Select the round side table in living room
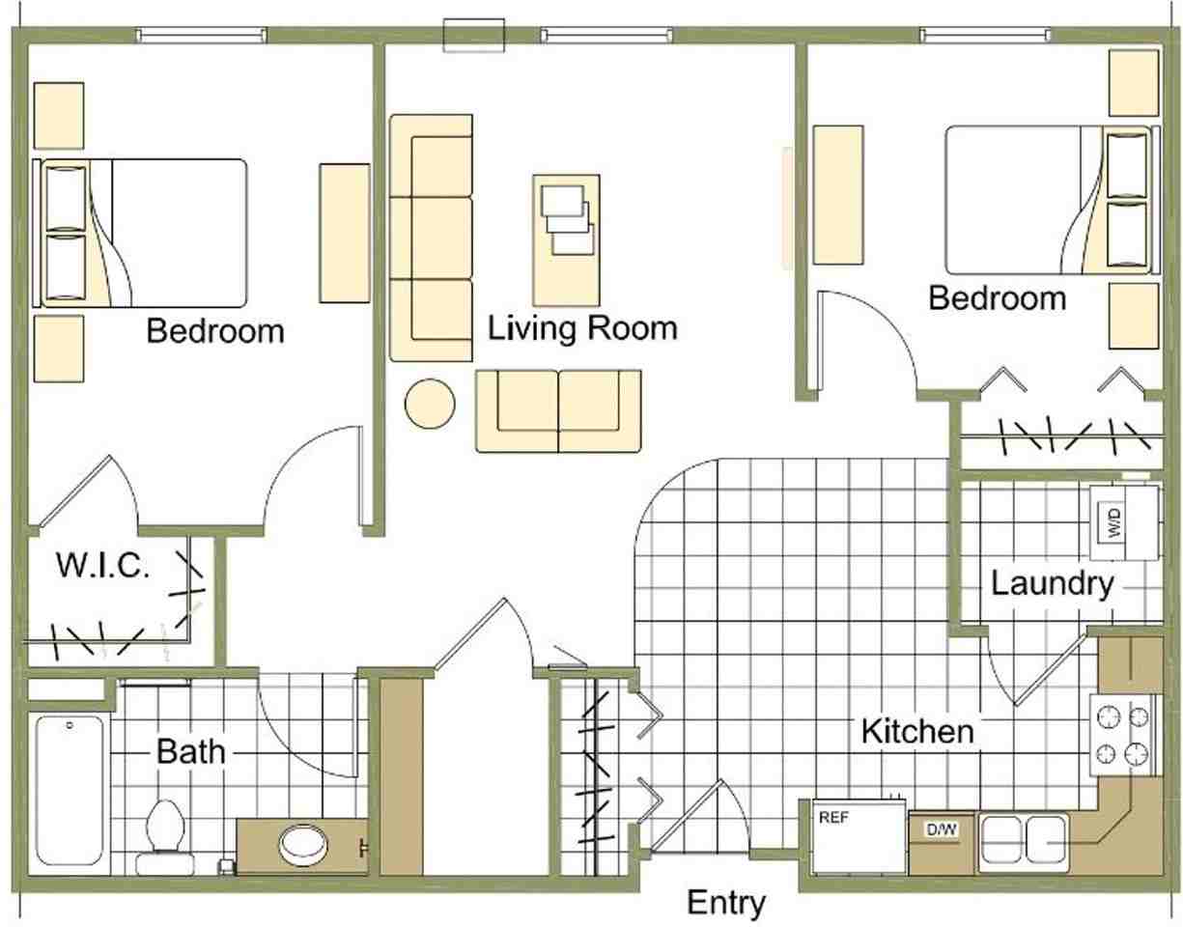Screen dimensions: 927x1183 point(430,403)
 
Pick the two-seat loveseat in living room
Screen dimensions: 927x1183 point(558,410)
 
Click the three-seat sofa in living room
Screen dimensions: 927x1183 point(431,238)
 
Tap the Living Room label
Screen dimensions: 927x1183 point(582,328)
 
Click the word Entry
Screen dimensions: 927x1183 point(726,904)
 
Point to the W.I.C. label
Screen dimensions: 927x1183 point(102,566)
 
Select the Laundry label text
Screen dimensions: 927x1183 point(1053,584)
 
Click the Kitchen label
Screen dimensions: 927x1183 point(917,731)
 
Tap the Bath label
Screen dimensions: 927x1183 point(191,750)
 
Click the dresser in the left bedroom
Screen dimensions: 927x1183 point(345,233)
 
